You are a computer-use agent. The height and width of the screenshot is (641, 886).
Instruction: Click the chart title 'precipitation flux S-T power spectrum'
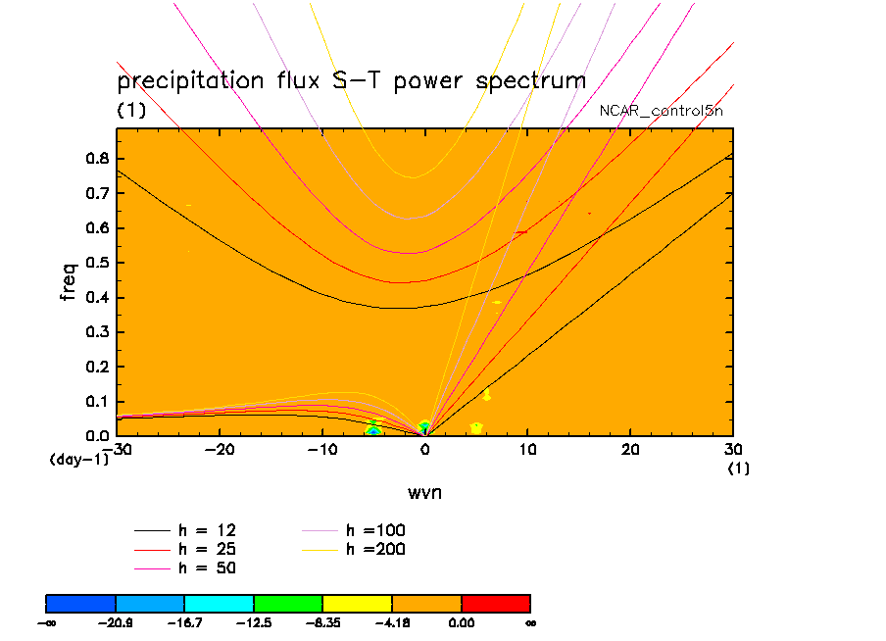coord(351,80)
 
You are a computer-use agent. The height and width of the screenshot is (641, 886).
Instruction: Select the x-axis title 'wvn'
coord(424,491)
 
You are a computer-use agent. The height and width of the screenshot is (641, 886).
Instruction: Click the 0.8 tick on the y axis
coord(97,159)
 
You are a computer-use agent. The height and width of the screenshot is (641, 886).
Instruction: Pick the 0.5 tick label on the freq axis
coord(97,263)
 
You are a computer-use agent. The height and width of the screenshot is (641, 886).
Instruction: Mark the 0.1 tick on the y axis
coord(97,401)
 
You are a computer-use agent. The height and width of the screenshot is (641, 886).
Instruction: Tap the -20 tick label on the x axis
coord(219,449)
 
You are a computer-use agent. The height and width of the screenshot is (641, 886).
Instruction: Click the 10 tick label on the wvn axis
coord(527,449)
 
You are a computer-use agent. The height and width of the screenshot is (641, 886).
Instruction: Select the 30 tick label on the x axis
coord(732,449)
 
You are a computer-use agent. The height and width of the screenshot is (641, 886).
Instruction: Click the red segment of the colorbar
coord(496,602)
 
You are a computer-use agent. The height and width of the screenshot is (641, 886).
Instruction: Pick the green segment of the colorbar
coord(288,602)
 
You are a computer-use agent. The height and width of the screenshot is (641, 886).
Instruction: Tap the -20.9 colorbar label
coord(116,622)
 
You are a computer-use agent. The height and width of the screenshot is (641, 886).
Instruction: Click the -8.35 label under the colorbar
coord(322,622)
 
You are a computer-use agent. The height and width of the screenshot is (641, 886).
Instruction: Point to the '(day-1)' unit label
coord(78,459)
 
